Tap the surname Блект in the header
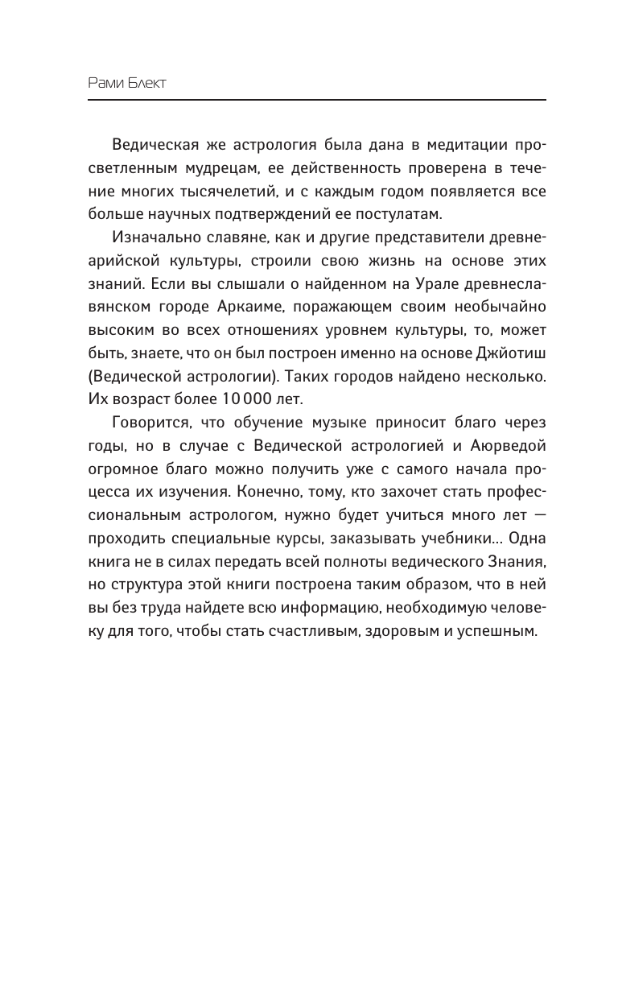point(146,84)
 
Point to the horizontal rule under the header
point(316,100)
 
